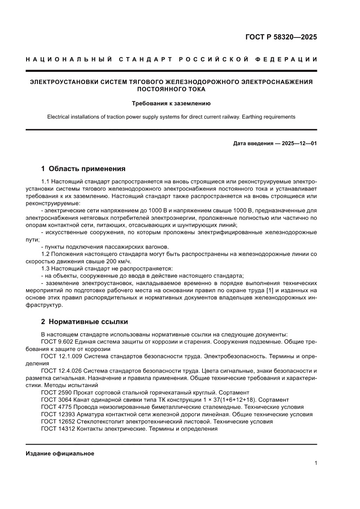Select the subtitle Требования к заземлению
click(171, 104)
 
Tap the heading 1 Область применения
click(83, 169)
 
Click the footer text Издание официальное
click(60, 453)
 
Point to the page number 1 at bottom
click(315, 463)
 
